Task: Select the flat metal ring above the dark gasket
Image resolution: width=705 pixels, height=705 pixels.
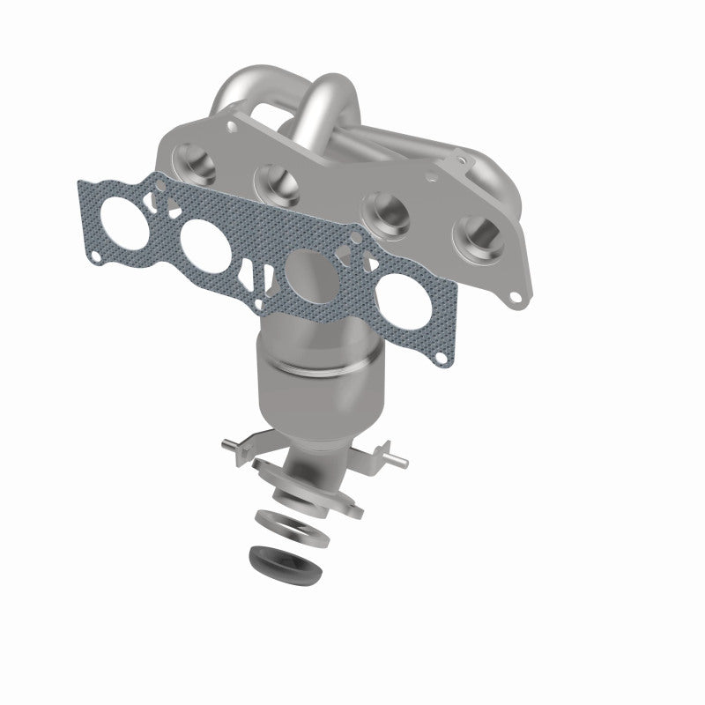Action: pyautogui.click(x=292, y=526)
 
